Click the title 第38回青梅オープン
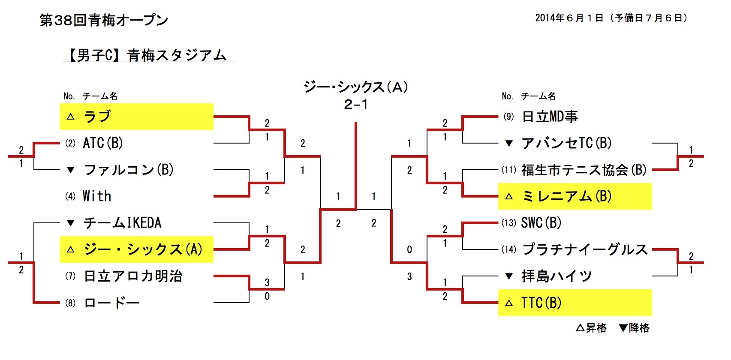click(104, 20)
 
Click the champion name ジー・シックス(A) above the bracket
click(355, 87)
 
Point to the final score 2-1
click(355, 105)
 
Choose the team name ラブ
click(97, 117)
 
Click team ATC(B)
click(103, 143)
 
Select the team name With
click(97, 196)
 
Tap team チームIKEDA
click(123, 223)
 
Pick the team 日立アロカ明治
click(133, 276)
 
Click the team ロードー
click(112, 303)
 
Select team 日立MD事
click(550, 117)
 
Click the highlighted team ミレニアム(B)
click(567, 196)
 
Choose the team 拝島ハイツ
click(557, 276)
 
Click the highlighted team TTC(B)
click(541, 303)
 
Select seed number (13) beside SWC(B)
click(509, 223)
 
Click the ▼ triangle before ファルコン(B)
click(71, 170)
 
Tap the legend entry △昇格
click(591, 328)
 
